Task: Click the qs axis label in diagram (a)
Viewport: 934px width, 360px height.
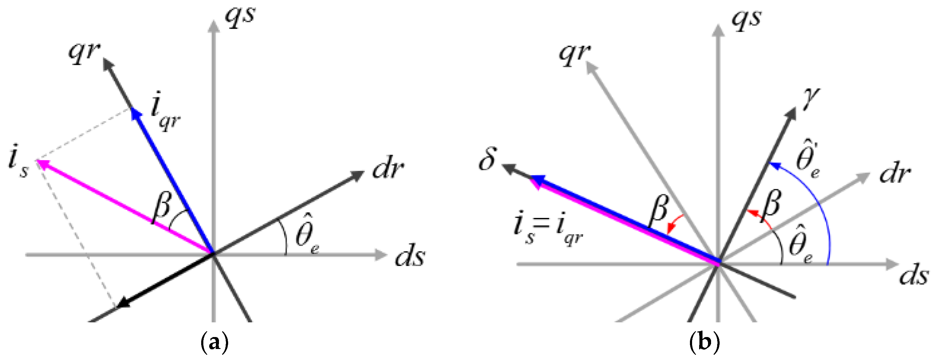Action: pos(240,17)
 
